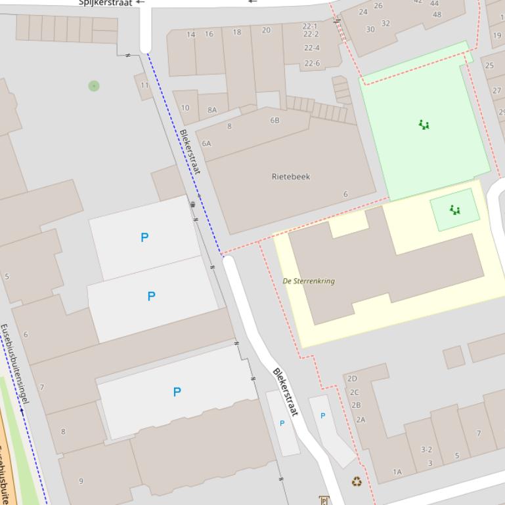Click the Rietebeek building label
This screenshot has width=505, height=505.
290,176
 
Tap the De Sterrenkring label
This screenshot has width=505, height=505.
309,281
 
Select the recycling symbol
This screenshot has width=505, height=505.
357,482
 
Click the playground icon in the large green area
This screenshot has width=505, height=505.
424,125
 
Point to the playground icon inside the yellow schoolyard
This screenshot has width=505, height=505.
454,210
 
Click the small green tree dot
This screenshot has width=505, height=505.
94,86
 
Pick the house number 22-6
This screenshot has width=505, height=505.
311,64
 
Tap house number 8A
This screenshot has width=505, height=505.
212,110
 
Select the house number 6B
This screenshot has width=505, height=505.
274,121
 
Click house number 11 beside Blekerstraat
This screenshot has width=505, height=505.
144,85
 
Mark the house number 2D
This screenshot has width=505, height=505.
352,379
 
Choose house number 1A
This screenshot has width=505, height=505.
397,472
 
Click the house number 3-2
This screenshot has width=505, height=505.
426,450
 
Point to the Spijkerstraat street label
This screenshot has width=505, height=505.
105,3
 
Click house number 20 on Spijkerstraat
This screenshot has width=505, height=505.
266,30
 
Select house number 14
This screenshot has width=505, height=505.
191,34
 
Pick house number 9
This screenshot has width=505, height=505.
81,481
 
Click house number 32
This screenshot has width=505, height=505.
385,24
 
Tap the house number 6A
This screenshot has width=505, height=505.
206,143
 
